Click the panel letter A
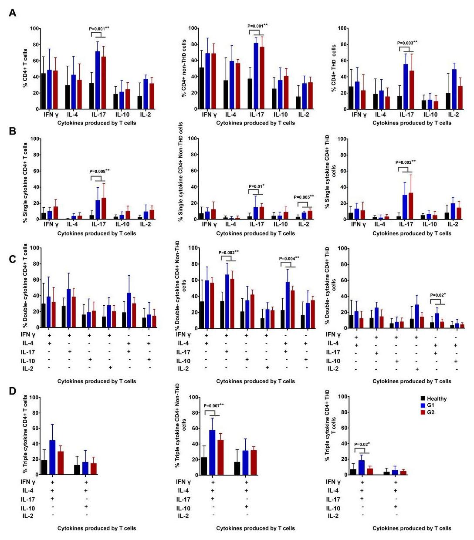point(13,13)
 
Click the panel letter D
point(13,391)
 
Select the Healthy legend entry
point(437,398)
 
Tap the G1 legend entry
point(430,405)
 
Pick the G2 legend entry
point(430,412)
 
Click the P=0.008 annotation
point(99,171)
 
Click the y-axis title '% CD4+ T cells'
point(26,68)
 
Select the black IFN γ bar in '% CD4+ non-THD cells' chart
point(201,88)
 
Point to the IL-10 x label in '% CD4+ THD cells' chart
point(430,115)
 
